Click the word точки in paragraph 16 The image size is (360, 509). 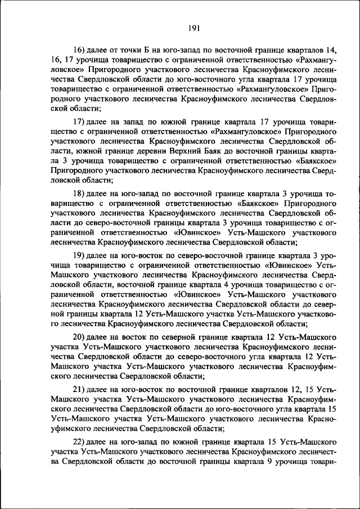(120, 50)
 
